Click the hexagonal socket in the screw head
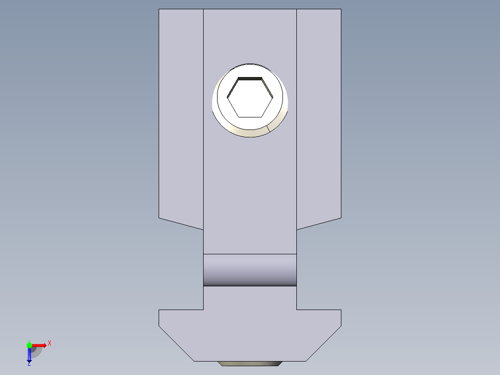[250, 97]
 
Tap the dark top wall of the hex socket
[250, 78]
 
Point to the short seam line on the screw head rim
[268, 128]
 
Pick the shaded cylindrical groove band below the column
[250, 270]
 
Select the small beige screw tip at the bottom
[250, 363]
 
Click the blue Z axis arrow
[29, 356]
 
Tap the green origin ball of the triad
[29, 345]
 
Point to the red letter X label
[49, 343]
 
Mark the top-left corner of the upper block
[159, 9]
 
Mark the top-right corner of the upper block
[341, 9]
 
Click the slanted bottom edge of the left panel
[181, 223]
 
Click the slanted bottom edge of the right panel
[319, 223]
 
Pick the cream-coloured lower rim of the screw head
[250, 133]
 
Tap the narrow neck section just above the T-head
[250, 297]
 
